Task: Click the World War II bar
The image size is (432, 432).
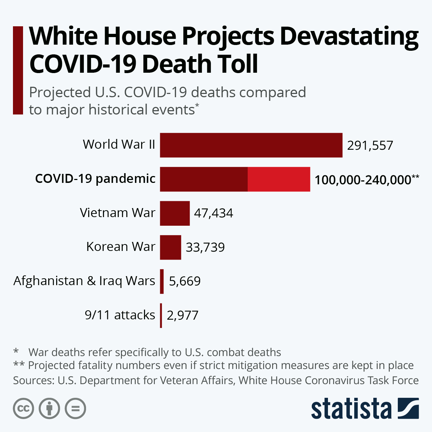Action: pyautogui.click(x=251, y=145)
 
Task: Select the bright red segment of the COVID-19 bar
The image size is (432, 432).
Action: pyautogui.click(x=279, y=179)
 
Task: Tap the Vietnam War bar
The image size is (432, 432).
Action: pyautogui.click(x=175, y=213)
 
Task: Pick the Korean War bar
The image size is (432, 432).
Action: pyautogui.click(x=170, y=247)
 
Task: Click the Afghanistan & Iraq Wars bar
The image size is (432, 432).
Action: pyautogui.click(x=162, y=281)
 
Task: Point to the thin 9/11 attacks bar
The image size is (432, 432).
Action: pyautogui.click(x=161, y=315)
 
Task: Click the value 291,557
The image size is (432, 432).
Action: pyautogui.click(x=370, y=145)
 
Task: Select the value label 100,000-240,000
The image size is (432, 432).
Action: pyautogui.click(x=363, y=180)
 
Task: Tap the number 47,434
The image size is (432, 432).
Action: pyautogui.click(x=213, y=213)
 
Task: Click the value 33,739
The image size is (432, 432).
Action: pyautogui.click(x=205, y=247)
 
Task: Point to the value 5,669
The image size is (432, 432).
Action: pyautogui.click(x=184, y=281)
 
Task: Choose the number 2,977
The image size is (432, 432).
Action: pyautogui.click(x=183, y=315)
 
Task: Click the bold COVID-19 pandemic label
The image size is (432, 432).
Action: pyautogui.click(x=95, y=179)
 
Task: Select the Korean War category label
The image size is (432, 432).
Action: pyautogui.click(x=121, y=247)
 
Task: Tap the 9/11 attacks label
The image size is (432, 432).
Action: pyautogui.click(x=120, y=315)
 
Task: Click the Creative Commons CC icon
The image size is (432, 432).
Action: pyautogui.click(x=23, y=409)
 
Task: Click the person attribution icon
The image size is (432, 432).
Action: pyautogui.click(x=49, y=409)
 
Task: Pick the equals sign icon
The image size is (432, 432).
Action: pyautogui.click(x=75, y=409)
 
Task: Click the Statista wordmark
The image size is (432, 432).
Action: pyautogui.click(x=351, y=409)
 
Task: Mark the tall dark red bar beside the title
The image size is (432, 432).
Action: pyautogui.click(x=18, y=70)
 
